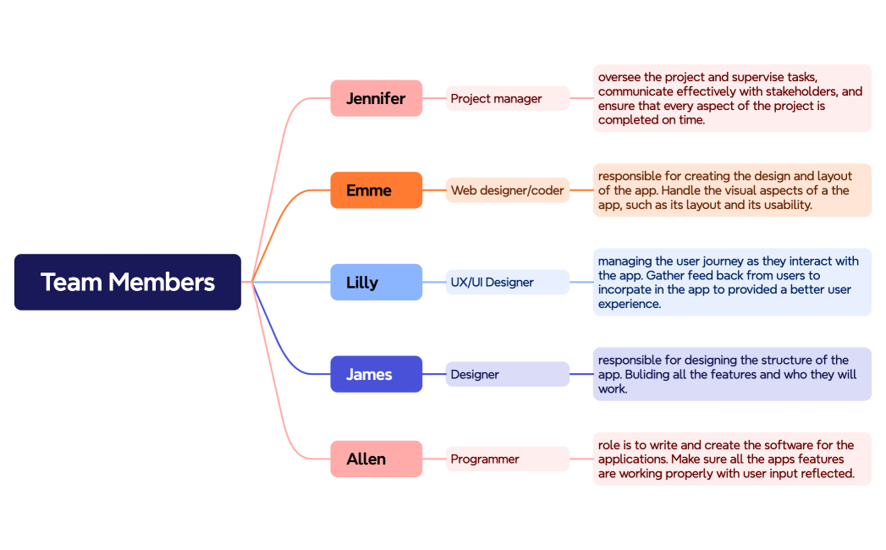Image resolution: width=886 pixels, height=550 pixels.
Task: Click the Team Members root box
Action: click(x=128, y=282)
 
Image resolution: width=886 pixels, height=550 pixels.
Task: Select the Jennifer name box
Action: click(x=376, y=98)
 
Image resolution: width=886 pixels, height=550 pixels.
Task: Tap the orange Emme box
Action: click(x=376, y=190)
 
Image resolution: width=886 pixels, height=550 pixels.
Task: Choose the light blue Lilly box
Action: click(x=376, y=282)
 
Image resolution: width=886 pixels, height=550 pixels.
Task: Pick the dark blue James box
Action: click(x=376, y=374)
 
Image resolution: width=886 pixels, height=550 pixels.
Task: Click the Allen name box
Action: click(x=376, y=459)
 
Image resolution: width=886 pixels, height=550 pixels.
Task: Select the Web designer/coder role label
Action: click(x=507, y=190)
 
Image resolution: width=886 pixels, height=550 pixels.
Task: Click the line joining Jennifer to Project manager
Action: click(x=434, y=98)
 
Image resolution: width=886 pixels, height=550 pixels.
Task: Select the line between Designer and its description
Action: click(x=581, y=374)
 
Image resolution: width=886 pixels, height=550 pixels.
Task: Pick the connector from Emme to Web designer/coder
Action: click(x=434, y=190)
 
